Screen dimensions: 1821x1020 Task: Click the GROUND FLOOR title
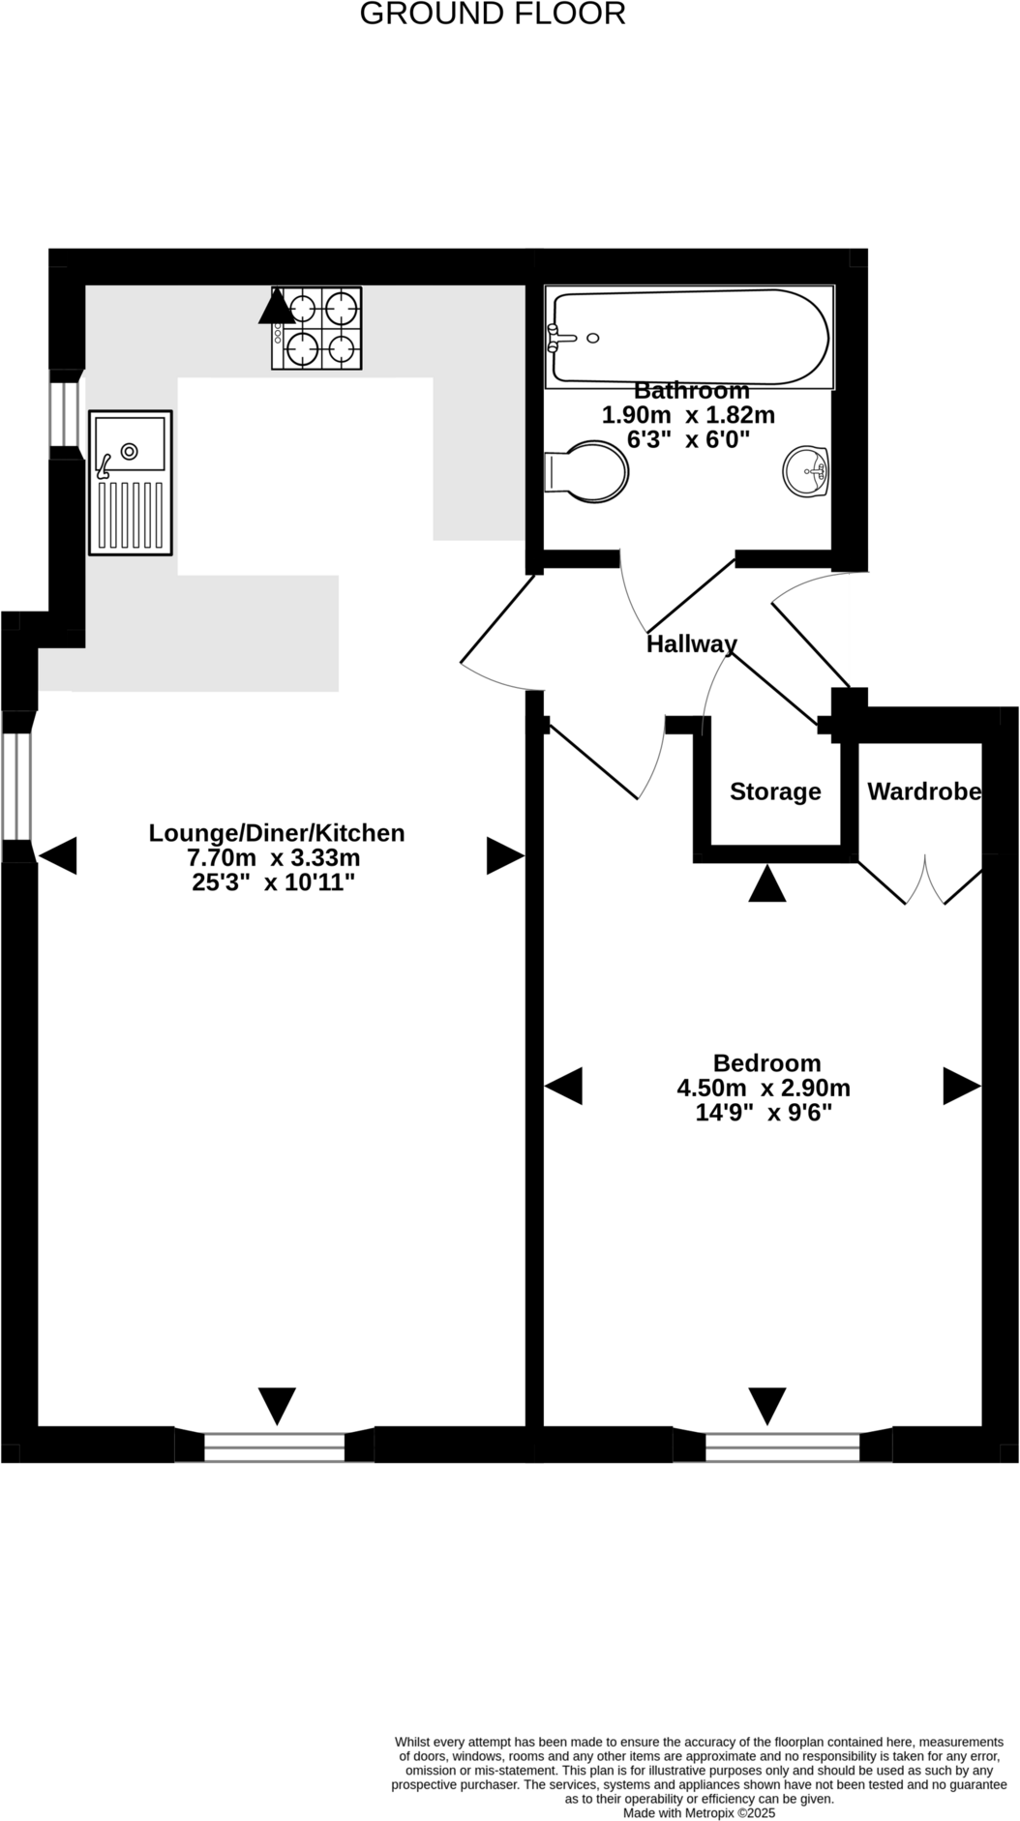click(x=493, y=15)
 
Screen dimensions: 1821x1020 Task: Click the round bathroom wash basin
click(x=806, y=472)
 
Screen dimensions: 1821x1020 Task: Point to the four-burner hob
click(x=316, y=327)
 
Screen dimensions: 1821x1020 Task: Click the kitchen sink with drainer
click(x=131, y=482)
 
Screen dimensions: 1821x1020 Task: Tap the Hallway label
click(x=691, y=644)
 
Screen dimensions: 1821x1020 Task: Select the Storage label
click(x=775, y=791)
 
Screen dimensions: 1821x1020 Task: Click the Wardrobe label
click(x=924, y=791)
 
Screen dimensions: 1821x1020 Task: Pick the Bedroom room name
click(x=766, y=1062)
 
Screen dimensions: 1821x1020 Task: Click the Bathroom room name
click(x=691, y=391)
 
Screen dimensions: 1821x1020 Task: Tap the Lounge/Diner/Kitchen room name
click(x=276, y=833)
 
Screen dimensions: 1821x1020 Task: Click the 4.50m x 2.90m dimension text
click(x=764, y=1088)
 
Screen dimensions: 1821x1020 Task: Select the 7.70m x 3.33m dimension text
click(x=274, y=858)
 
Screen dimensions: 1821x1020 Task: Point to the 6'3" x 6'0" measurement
click(x=688, y=439)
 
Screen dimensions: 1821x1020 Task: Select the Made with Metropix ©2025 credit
click(x=699, y=1813)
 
